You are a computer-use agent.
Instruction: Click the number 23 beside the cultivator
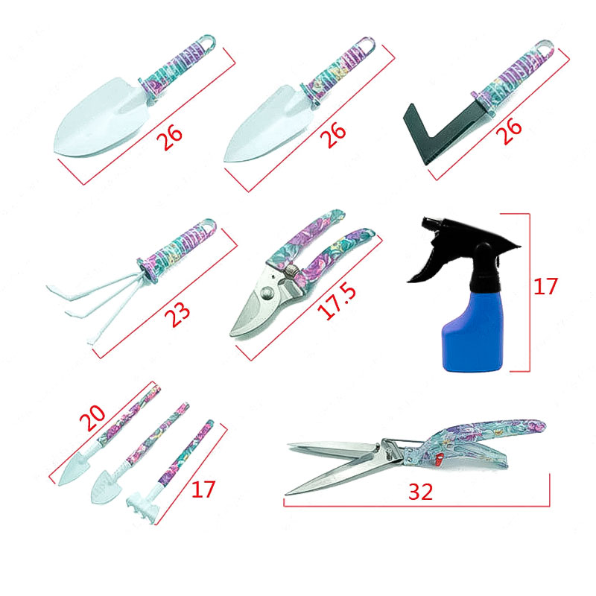[177, 314]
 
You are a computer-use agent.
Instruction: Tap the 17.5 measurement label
[337, 302]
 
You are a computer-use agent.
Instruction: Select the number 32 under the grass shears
[420, 492]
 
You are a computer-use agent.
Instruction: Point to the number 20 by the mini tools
[92, 417]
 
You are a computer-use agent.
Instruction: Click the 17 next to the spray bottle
[545, 287]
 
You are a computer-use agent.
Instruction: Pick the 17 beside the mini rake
[203, 489]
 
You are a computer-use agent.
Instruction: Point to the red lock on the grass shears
[440, 459]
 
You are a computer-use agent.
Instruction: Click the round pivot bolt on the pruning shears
[267, 293]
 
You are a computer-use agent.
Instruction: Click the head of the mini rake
[142, 507]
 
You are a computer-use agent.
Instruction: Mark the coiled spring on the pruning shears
[291, 272]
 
